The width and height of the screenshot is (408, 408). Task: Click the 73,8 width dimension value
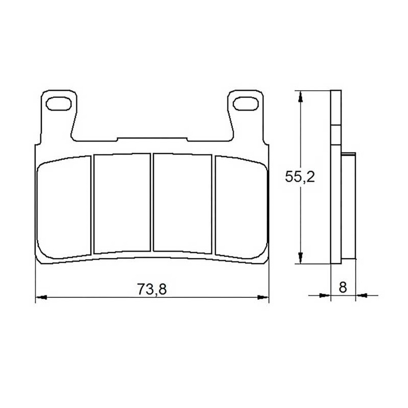[152, 289]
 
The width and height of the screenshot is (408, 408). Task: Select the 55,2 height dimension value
[300, 176]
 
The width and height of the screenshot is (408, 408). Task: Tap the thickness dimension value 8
[343, 287]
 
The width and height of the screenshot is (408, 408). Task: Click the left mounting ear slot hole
[59, 104]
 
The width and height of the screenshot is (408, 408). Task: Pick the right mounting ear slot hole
[246, 104]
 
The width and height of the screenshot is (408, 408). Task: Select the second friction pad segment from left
[122, 203]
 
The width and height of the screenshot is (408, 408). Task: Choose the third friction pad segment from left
[183, 203]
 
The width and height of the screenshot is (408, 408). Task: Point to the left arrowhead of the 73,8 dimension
[41, 297]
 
